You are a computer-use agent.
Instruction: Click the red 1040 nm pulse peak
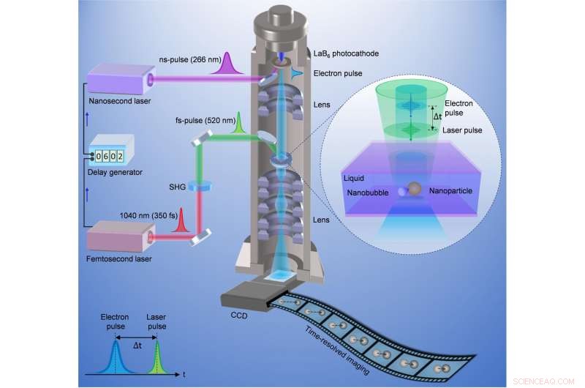point(179,217)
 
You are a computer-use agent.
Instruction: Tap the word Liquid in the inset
point(355,176)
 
